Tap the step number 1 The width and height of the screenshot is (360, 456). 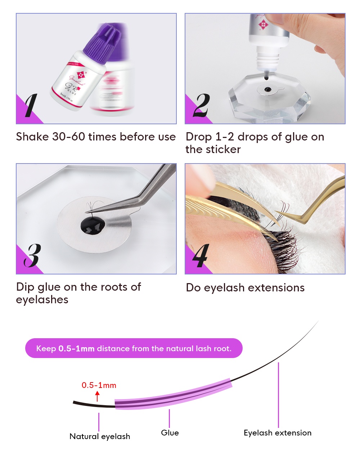click(x=31, y=105)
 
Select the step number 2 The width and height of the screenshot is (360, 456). click(x=201, y=105)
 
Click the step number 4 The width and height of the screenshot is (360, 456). click(x=200, y=255)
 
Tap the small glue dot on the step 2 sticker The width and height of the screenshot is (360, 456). click(x=267, y=89)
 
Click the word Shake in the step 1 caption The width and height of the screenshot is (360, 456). click(x=32, y=137)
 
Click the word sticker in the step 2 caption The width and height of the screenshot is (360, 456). click(x=222, y=149)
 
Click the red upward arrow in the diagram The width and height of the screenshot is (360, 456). click(x=97, y=397)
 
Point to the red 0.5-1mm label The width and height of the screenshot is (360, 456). click(x=99, y=385)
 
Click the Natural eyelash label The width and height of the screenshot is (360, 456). click(x=100, y=436)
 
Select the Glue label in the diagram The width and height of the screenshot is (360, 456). click(x=170, y=433)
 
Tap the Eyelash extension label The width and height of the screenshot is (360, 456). click(x=278, y=433)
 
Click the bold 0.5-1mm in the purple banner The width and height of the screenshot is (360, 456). click(x=76, y=348)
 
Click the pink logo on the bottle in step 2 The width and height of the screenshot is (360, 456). click(x=263, y=24)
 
